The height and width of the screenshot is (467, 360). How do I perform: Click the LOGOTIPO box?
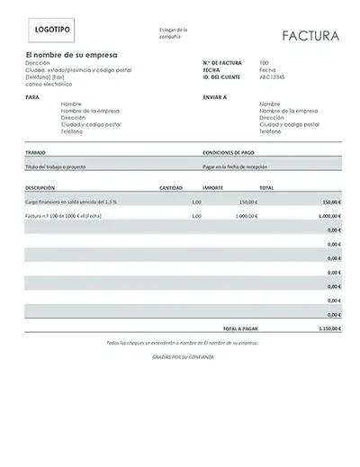pos(51,30)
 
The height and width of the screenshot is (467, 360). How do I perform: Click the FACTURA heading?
pos(310,36)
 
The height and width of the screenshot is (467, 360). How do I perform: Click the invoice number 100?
pos(263,63)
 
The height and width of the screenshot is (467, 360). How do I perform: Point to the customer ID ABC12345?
pos(274,76)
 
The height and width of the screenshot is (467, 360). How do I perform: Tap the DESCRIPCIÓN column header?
pos(41,188)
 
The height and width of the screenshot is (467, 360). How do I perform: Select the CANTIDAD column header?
pos(172,188)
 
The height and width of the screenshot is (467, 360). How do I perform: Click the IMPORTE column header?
pos(213,188)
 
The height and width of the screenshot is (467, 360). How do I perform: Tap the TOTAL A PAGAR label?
pos(241,329)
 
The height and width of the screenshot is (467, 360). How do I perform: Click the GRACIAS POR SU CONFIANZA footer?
pos(181,357)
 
